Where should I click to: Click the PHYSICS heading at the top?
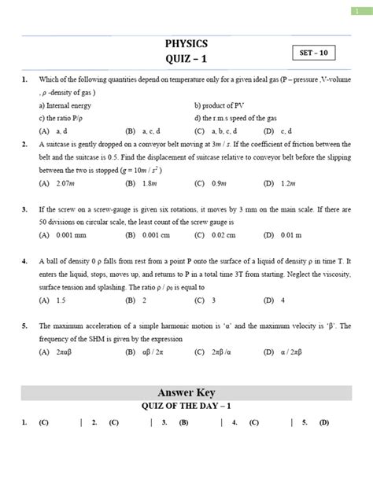point(186,44)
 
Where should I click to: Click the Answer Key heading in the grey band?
point(186,392)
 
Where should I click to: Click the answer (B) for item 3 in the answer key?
point(183,422)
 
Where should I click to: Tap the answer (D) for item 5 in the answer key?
point(323,422)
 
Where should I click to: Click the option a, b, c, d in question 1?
point(231,131)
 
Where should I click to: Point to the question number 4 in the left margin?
point(25,260)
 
